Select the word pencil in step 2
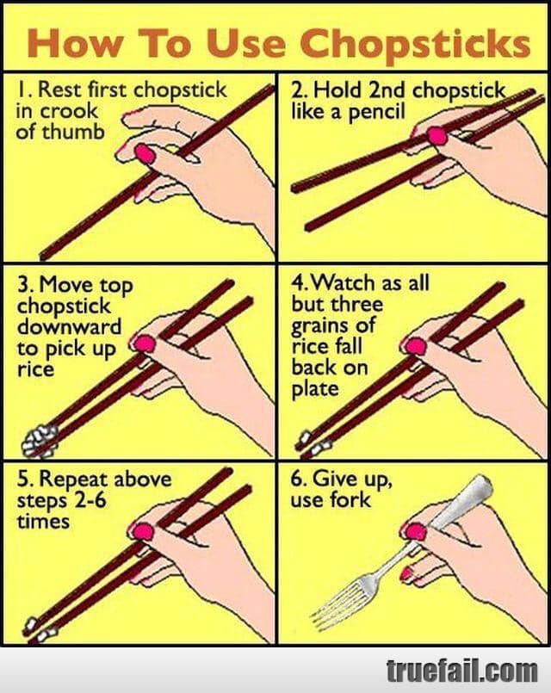[376, 112]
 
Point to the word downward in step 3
[69, 327]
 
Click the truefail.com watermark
[461, 671]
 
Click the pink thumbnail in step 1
[145, 154]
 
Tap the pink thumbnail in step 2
[437, 136]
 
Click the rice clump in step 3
[40, 440]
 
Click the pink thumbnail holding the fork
[415, 531]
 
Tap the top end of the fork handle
[485, 481]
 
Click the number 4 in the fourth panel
[297, 283]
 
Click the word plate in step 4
[314, 389]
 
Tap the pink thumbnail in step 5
[143, 532]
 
